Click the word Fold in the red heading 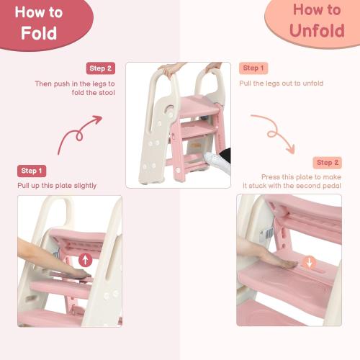39,33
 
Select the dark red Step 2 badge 101,68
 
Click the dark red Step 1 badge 32,171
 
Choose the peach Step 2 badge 328,163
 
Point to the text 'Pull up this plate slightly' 57,186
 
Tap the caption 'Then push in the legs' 75,84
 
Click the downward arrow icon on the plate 309,262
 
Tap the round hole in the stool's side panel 167,109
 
